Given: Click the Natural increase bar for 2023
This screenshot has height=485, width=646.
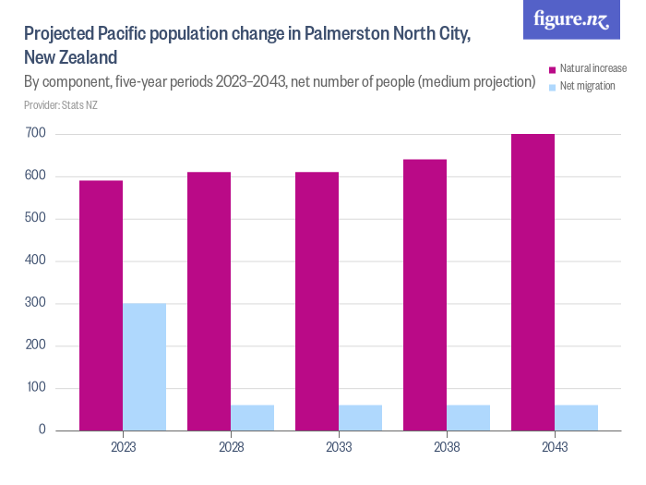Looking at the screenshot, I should [x=101, y=305].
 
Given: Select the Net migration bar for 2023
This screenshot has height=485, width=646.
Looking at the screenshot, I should [x=144, y=367].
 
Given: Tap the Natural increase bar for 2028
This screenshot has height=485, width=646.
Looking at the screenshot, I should [x=209, y=301].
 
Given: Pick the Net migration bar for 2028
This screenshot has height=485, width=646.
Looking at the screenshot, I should [x=252, y=418].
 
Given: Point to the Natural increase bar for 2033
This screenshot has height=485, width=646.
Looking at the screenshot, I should [x=317, y=301].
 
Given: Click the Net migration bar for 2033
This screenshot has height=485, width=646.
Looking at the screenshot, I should [x=360, y=418].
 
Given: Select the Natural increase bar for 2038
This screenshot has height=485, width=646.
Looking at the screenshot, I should [x=425, y=295].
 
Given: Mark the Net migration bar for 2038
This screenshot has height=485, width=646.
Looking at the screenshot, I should [x=468, y=418].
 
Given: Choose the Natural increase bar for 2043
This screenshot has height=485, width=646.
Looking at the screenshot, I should [x=532, y=282].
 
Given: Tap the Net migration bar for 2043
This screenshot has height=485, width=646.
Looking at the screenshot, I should [x=576, y=418].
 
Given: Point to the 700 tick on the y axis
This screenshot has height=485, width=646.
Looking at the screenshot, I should [x=36, y=134].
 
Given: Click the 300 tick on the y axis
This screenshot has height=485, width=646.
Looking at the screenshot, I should [x=36, y=303].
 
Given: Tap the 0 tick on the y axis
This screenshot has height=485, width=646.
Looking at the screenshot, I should [x=42, y=430].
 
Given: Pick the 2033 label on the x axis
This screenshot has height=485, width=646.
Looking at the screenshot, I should [x=338, y=447].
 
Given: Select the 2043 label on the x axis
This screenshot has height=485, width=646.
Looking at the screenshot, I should [x=554, y=447].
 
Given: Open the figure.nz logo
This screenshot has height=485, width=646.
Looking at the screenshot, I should [x=571, y=19].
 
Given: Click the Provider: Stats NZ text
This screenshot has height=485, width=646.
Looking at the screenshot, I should [x=61, y=105].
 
